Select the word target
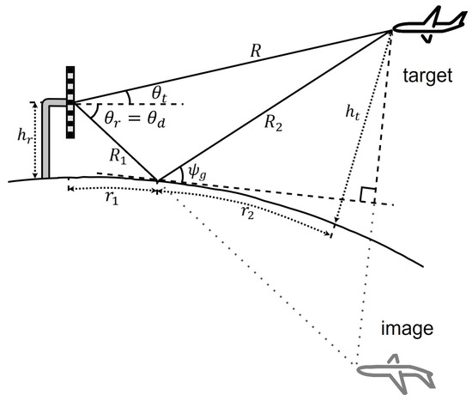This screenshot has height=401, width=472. coord(429,76)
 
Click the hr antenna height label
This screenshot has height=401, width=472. coord(18,135)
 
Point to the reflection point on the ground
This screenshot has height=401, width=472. coord(157,181)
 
